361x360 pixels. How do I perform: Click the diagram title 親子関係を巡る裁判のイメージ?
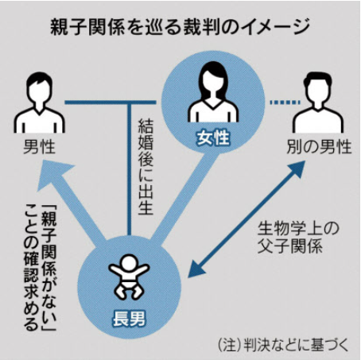tap(180, 26)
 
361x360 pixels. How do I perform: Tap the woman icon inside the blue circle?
tap(213, 92)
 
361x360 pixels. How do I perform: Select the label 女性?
tap(213, 138)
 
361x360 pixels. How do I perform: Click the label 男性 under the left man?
tap(39, 147)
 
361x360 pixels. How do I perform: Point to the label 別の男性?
tap(320, 147)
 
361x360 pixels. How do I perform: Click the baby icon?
tap(129, 277)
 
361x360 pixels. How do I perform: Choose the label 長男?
tap(129, 318)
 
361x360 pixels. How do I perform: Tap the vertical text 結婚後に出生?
tap(146, 166)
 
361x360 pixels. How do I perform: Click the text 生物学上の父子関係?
tap(298, 238)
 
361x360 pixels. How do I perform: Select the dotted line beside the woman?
tap(285, 102)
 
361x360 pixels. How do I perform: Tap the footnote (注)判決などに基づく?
tap(283, 345)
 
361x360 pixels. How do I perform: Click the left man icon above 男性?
tap(39, 103)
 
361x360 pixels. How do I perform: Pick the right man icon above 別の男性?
tap(317, 103)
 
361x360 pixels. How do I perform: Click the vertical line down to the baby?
tap(129, 168)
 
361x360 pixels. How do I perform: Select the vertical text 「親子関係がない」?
tap(49, 267)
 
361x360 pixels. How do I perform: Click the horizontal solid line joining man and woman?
tap(111, 103)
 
